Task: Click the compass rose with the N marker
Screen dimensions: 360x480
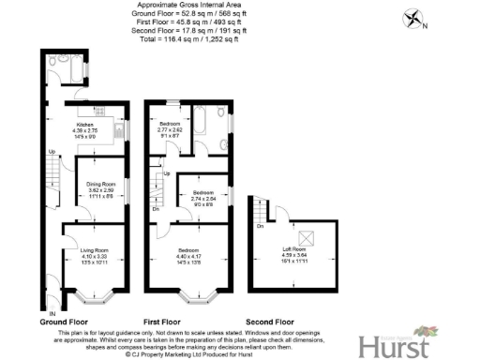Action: click(x=412, y=19)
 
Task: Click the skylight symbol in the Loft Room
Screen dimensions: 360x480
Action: click(x=305, y=235)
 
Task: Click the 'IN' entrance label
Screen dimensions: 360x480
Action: click(x=52, y=311)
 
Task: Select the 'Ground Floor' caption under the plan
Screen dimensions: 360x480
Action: click(x=65, y=321)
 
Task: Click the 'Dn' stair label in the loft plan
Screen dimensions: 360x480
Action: click(x=260, y=226)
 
